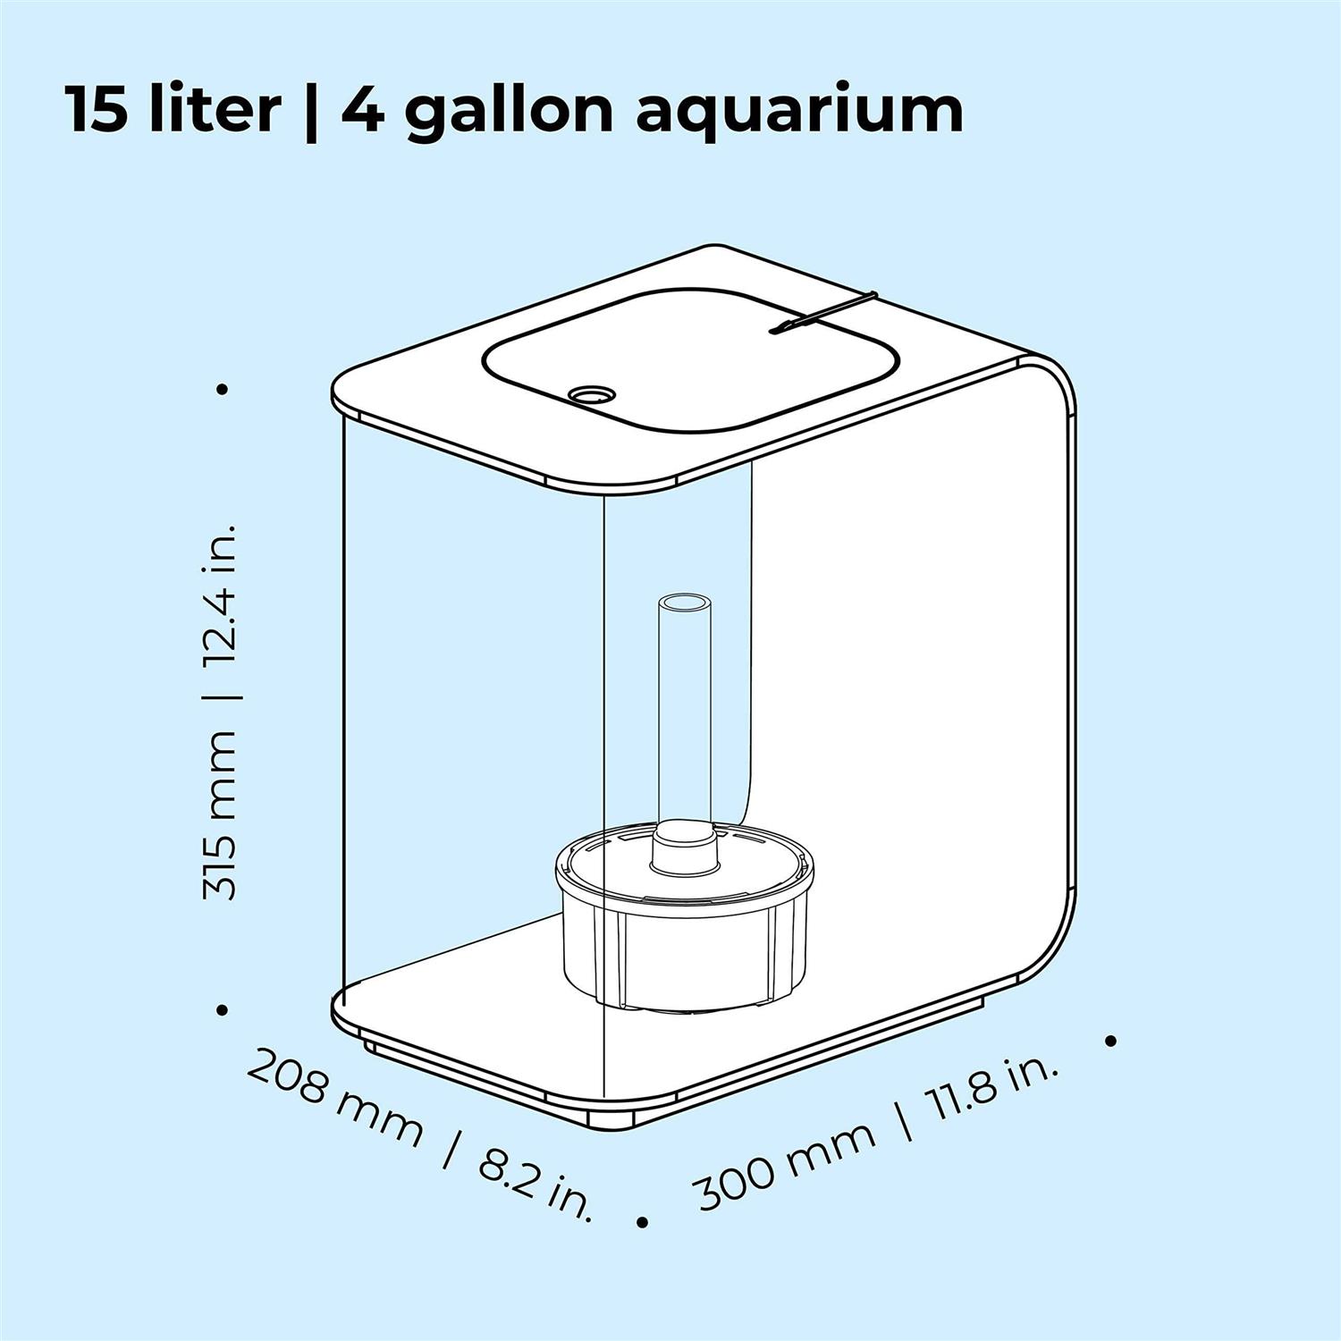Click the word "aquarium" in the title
(x=799, y=111)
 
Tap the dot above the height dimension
(x=223, y=389)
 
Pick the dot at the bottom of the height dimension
(x=223, y=1010)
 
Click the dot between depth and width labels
(x=641, y=1221)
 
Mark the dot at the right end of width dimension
(x=1111, y=1041)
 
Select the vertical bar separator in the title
(x=310, y=111)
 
